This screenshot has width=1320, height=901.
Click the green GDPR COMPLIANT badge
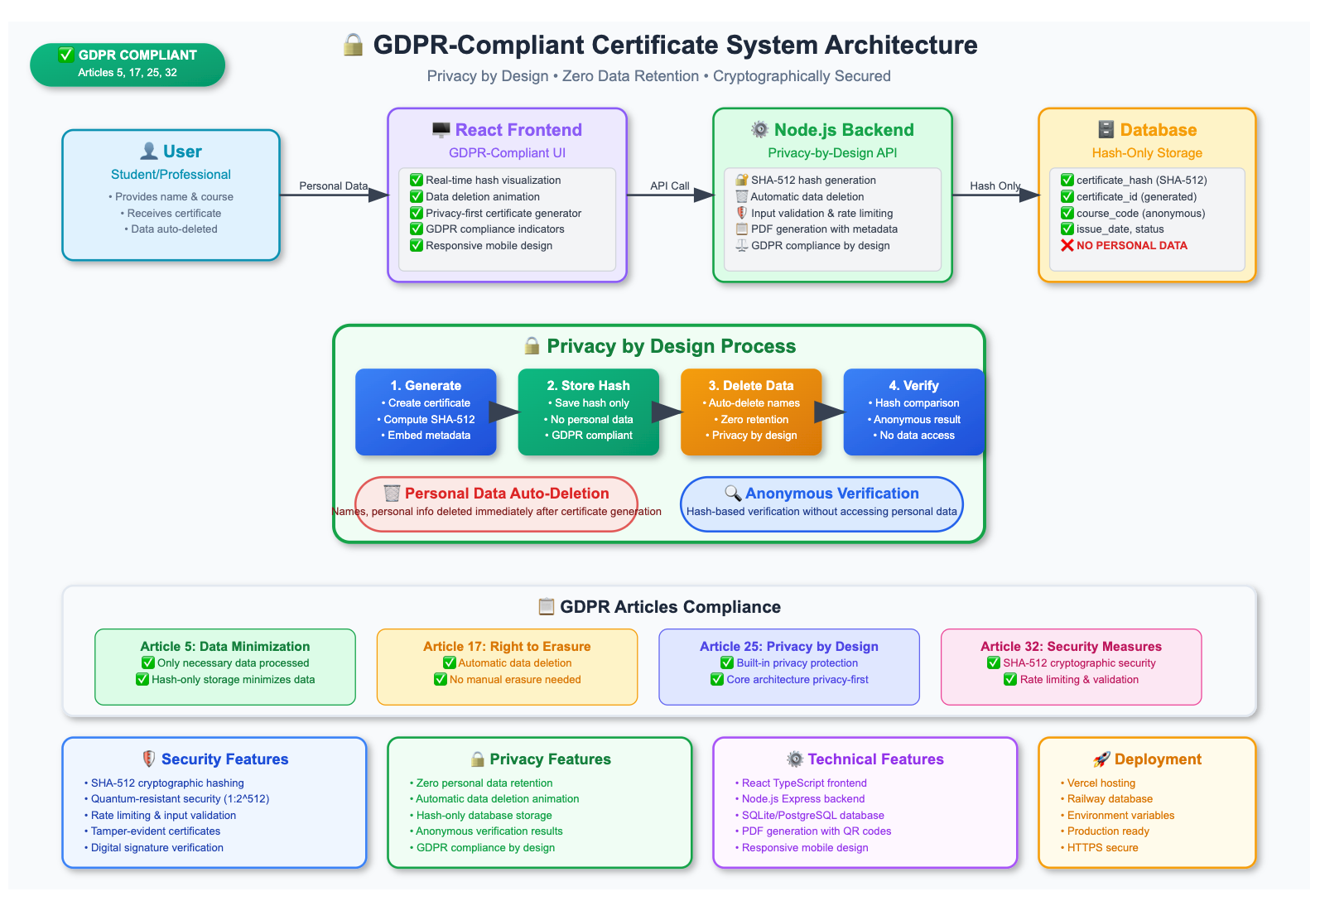tap(128, 65)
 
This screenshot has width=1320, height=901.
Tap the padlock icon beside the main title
tap(353, 45)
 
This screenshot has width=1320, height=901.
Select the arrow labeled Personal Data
tap(334, 195)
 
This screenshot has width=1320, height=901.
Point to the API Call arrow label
tap(669, 185)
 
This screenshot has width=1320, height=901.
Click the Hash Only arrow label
tap(995, 185)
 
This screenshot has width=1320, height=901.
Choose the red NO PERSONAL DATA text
tap(1131, 246)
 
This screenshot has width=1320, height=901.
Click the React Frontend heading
tap(518, 130)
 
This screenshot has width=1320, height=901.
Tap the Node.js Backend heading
tap(843, 130)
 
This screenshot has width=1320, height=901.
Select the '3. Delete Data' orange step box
tap(751, 412)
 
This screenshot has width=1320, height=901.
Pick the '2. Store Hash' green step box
tap(588, 412)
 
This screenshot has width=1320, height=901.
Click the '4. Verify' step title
tap(913, 385)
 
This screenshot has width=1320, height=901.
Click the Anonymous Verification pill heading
tap(831, 494)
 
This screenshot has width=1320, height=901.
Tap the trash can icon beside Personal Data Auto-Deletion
tap(392, 493)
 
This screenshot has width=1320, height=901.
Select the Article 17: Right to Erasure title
tap(507, 647)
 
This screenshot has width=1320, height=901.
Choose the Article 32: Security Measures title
tap(1071, 647)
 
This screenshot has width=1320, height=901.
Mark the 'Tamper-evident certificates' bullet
tap(152, 831)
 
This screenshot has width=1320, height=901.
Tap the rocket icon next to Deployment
tap(1101, 759)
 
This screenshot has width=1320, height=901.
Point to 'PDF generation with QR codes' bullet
tap(812, 831)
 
